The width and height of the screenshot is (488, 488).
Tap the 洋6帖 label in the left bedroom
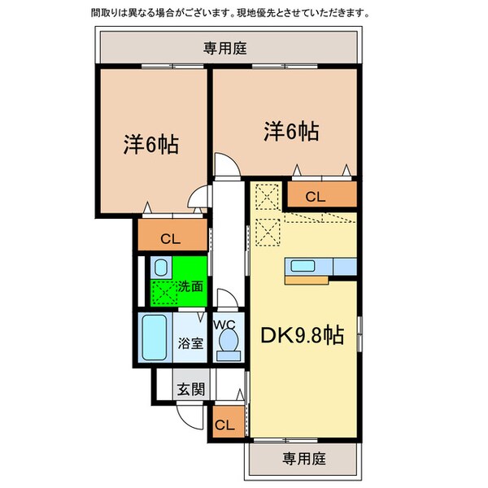pyautogui.click(x=151, y=145)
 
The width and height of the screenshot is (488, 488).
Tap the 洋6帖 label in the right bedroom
pyautogui.click(x=290, y=130)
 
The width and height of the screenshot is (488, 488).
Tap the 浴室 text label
pyautogui.click(x=190, y=343)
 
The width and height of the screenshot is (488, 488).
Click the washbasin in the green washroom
pyautogui.click(x=160, y=266)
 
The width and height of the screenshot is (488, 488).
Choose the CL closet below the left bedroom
pyautogui.click(x=171, y=238)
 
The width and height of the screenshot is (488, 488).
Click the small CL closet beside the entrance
pyautogui.click(x=225, y=425)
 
